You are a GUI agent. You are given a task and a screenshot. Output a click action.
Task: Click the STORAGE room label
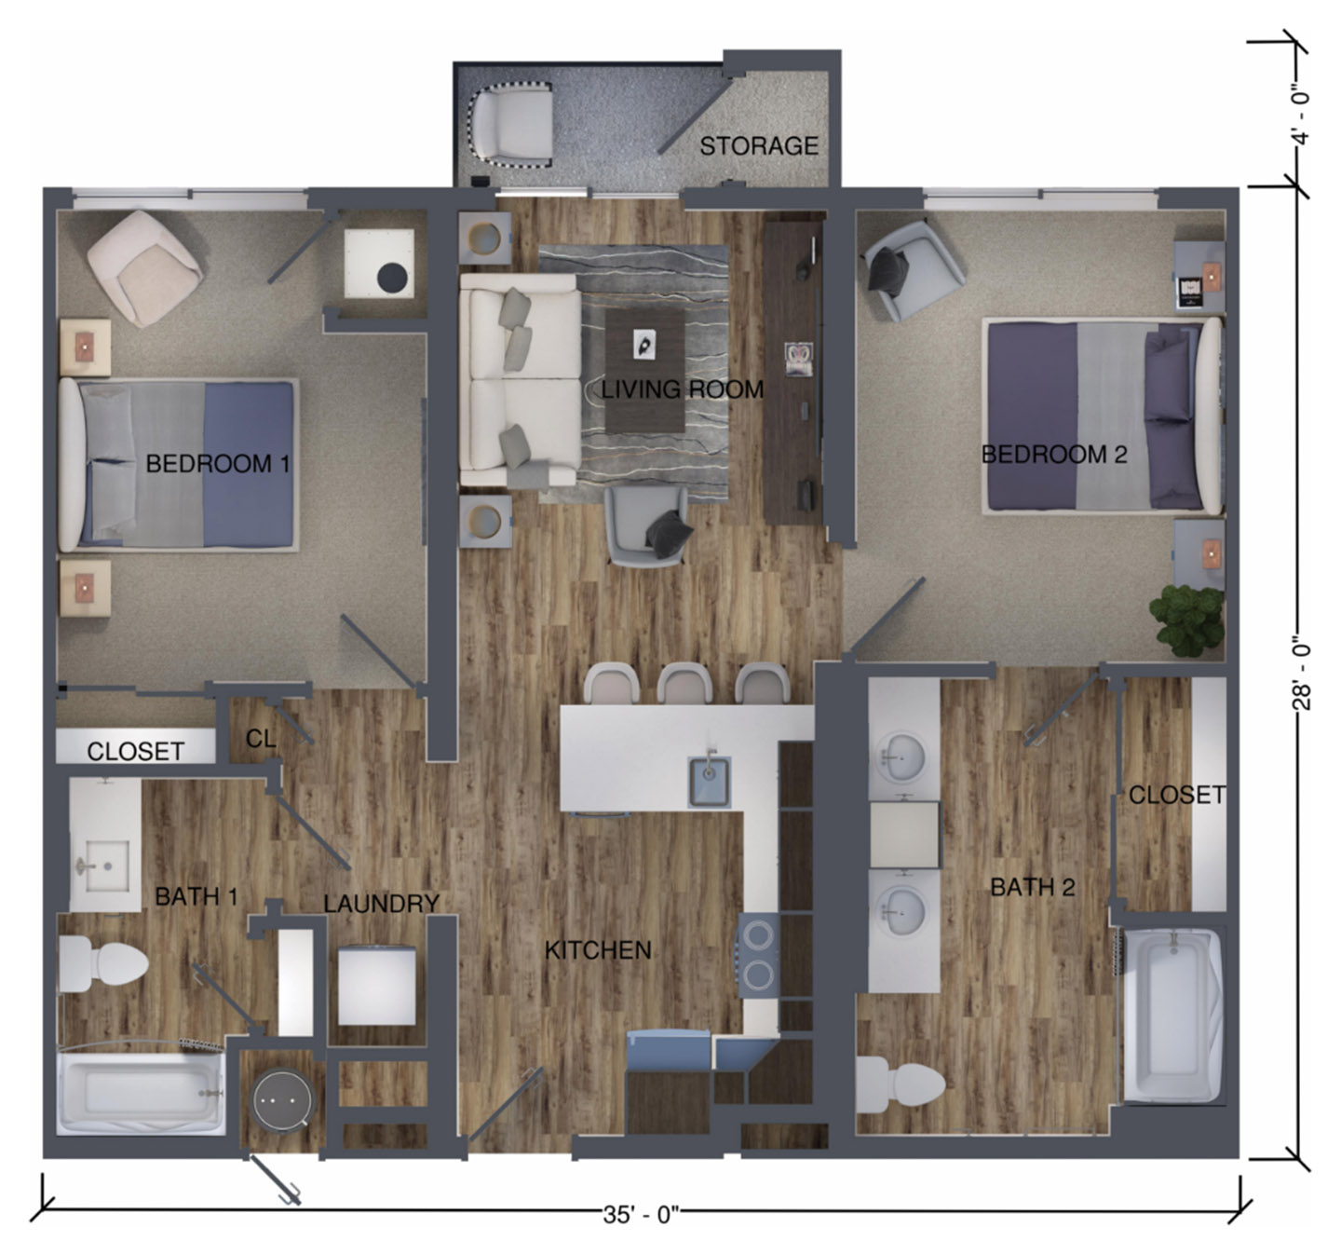coord(758,146)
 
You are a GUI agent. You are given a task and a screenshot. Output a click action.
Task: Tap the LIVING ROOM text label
coord(682,389)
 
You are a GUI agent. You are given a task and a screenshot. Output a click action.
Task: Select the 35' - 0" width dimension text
coord(642,1216)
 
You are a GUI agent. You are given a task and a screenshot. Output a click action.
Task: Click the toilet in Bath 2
coord(898,1084)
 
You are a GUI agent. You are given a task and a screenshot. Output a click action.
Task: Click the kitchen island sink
coord(709,781)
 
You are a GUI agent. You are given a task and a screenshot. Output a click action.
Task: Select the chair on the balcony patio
coord(515,122)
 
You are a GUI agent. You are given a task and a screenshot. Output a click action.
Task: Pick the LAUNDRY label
coord(381,903)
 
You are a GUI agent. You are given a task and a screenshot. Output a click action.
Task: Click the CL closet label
coord(261,739)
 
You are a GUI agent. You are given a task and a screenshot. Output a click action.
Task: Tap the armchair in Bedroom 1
coord(143,268)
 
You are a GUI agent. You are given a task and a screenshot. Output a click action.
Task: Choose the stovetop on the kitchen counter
coord(758,954)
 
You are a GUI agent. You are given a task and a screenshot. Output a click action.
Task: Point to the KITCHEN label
coord(597,950)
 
